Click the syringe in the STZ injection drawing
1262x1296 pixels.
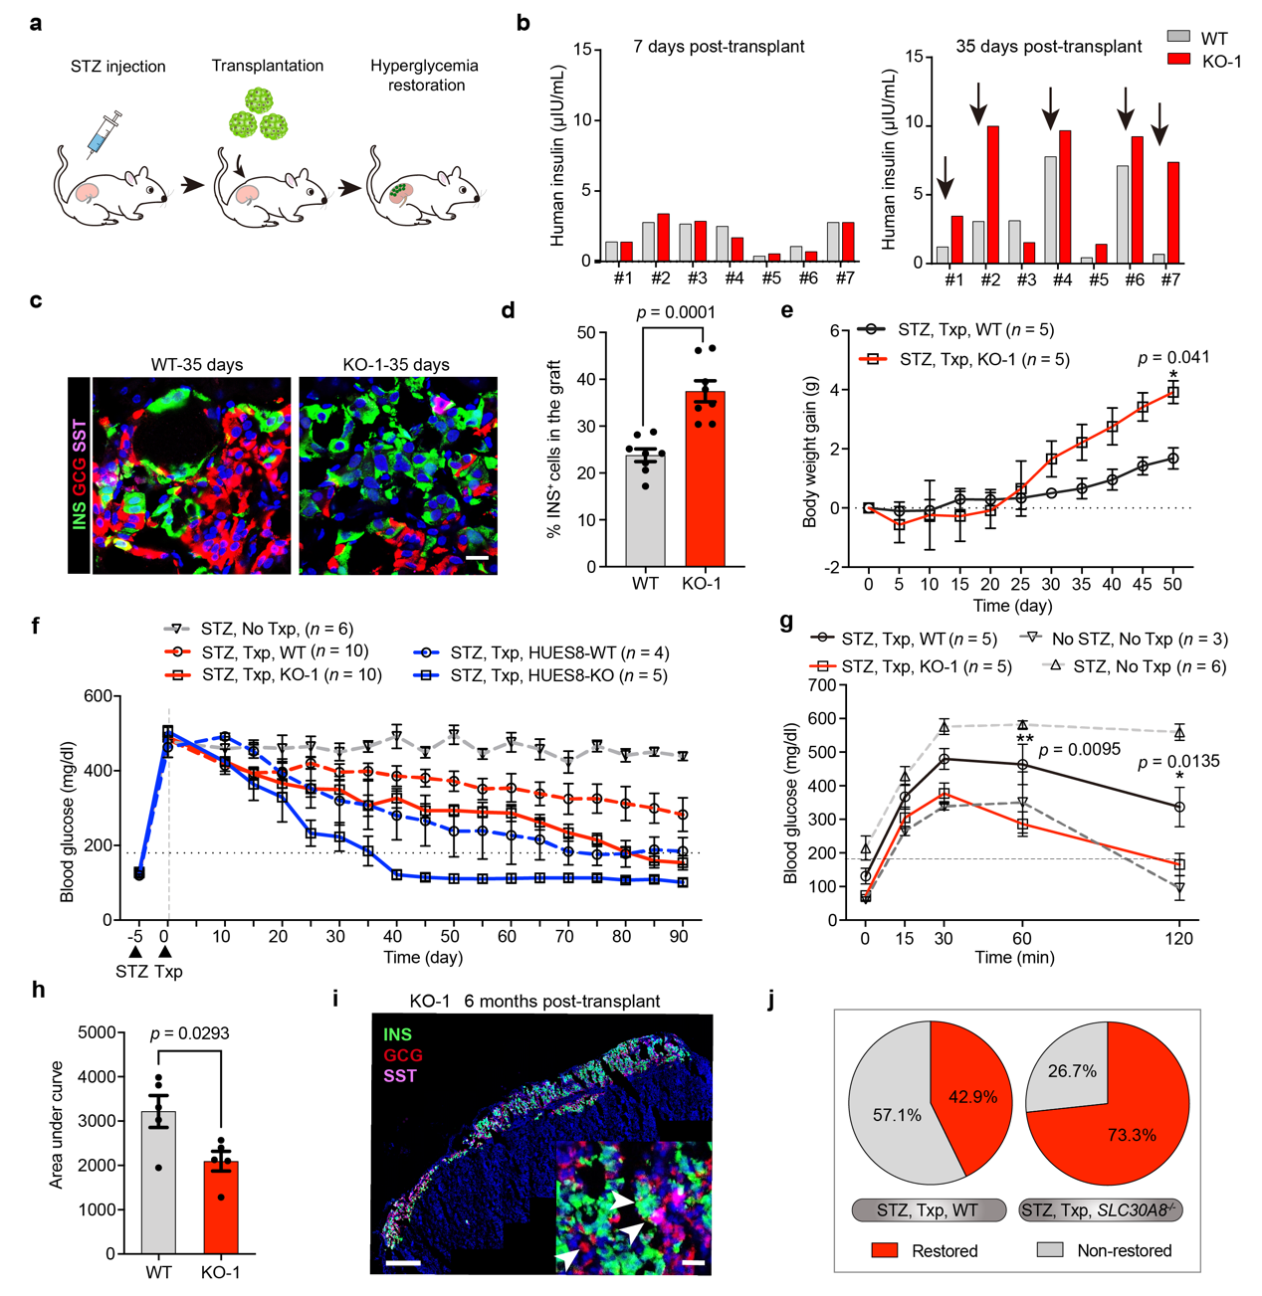(104, 135)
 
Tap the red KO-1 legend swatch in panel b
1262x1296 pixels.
(1178, 60)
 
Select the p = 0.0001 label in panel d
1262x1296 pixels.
(676, 312)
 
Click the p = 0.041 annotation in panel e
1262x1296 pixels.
(1173, 357)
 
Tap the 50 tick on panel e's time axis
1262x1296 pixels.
(1172, 584)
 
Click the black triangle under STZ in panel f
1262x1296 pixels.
(135, 952)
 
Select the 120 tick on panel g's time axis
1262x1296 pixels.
(1179, 937)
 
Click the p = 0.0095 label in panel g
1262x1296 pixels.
(1080, 749)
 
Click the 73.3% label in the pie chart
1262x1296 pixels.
(1132, 1135)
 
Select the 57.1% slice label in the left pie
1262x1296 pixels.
(897, 1115)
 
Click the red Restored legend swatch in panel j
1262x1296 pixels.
(884, 1250)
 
